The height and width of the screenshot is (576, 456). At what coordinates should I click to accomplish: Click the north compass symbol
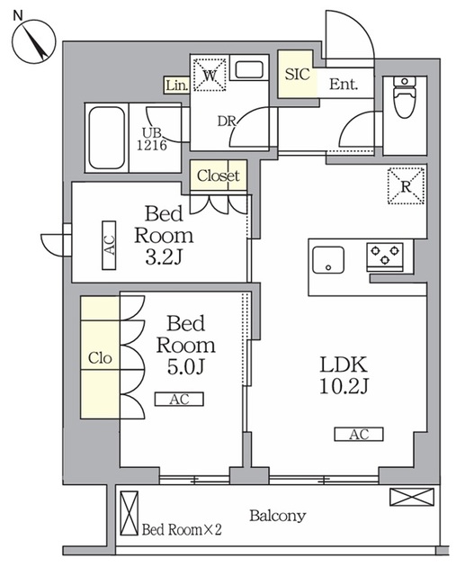[33, 41]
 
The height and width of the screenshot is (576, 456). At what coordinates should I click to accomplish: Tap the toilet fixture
[404, 97]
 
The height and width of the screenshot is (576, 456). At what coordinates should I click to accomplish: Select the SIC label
[297, 74]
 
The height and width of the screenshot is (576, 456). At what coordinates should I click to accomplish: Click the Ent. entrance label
[344, 85]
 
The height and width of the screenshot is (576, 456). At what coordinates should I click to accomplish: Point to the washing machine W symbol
[210, 75]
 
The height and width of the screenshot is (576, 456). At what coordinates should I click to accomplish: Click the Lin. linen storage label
[177, 85]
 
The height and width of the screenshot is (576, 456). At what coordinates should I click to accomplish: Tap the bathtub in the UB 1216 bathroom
[106, 138]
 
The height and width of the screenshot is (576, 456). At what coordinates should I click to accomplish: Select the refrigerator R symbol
[406, 186]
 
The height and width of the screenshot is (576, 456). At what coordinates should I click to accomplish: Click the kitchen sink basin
[328, 260]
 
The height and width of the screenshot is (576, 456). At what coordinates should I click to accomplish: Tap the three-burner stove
[384, 256]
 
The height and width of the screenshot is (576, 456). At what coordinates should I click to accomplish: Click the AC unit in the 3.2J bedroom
[109, 245]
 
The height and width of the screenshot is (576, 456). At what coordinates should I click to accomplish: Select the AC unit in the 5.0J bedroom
[179, 400]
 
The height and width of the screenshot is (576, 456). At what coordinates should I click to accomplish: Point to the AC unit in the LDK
[359, 434]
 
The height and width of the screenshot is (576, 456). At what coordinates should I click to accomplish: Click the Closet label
[219, 175]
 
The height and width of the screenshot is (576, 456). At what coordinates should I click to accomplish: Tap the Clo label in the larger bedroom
[100, 358]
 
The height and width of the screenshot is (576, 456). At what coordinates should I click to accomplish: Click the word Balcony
[278, 516]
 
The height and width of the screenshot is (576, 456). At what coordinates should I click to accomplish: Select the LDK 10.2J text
[344, 375]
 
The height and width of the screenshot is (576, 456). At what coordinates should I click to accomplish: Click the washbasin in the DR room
[249, 69]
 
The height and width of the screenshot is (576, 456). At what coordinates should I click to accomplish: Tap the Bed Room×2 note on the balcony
[182, 530]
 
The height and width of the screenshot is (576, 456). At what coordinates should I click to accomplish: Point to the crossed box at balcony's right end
[412, 497]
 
